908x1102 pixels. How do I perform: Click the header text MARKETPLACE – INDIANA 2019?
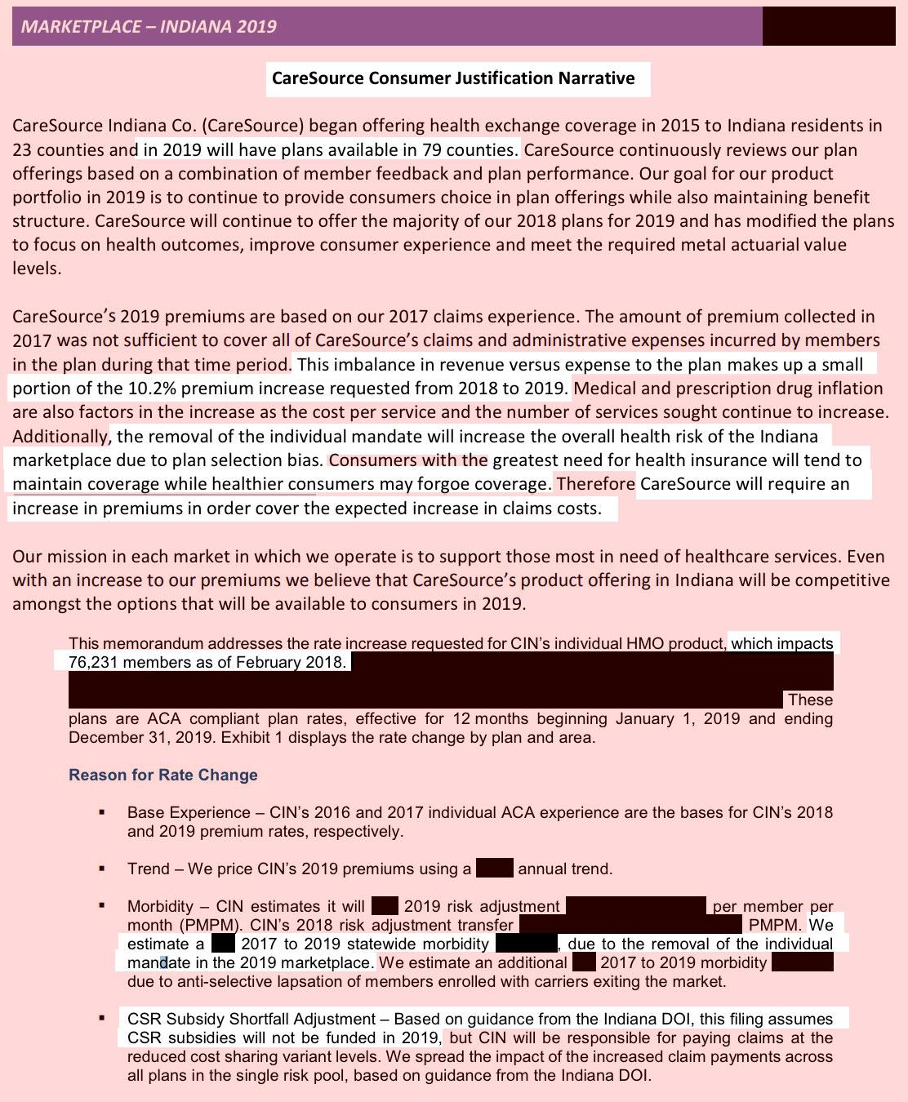tap(149, 26)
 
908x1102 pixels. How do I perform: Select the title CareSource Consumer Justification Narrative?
tap(453, 78)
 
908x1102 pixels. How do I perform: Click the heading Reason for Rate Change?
tap(163, 775)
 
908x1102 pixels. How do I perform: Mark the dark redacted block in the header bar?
tap(828, 26)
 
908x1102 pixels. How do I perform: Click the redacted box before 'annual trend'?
tap(494, 869)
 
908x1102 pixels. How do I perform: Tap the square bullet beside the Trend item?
tap(101, 869)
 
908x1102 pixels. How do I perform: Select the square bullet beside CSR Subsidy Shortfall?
tap(101, 1019)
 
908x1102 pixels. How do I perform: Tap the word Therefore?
tap(595, 484)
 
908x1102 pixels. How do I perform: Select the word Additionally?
tap(60, 437)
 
